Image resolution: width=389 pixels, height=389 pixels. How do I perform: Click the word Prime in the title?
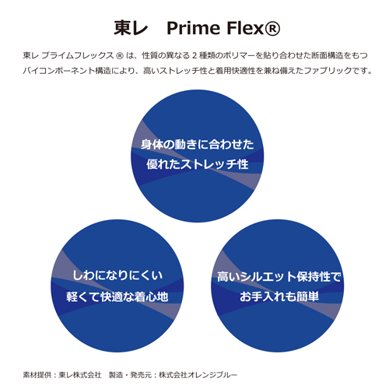193,28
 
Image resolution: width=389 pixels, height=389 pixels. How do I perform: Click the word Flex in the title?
245,28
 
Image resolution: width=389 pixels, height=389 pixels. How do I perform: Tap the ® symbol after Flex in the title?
272,28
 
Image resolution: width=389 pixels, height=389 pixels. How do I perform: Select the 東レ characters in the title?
131,28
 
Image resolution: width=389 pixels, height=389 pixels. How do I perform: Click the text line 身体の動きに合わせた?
198,145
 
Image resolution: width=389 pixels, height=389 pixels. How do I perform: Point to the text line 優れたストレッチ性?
198,164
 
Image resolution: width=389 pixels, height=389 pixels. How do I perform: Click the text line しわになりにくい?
117,275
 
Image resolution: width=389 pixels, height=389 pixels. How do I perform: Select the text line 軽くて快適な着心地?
117,296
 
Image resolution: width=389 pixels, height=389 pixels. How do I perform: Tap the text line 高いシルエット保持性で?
279,277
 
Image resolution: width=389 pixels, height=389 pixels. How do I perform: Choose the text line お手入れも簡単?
279,296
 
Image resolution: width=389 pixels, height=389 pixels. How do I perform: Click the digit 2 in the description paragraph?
194,55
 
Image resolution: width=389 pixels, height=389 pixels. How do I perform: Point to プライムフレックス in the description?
77,55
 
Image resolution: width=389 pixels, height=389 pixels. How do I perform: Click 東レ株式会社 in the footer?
80,375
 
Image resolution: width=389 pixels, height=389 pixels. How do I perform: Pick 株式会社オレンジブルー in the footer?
198,375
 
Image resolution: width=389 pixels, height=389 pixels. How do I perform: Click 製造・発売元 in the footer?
130,375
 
